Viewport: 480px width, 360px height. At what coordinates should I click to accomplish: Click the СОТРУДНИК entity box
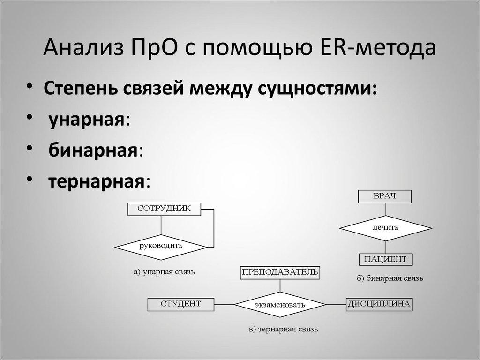point(164,209)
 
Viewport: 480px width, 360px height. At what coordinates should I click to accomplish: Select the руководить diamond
point(161,245)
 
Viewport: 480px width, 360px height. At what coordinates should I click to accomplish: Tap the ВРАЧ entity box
point(385,196)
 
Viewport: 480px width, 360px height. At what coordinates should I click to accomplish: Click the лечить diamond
point(385,228)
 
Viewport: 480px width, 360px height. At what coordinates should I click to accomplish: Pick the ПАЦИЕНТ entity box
point(386,259)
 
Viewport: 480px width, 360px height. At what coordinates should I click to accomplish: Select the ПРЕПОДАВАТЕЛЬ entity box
point(280,272)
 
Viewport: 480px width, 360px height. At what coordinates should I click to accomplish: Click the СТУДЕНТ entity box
point(181,304)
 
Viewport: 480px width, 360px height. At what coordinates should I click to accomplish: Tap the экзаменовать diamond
point(280,305)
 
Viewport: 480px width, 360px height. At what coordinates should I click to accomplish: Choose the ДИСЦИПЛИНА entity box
point(379,304)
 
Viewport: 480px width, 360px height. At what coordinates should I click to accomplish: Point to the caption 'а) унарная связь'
point(164,272)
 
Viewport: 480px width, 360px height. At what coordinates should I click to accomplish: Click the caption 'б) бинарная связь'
point(390,278)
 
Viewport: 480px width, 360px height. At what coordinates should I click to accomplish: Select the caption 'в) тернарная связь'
point(283,329)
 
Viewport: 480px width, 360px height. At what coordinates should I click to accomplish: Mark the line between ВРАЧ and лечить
point(385,210)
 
